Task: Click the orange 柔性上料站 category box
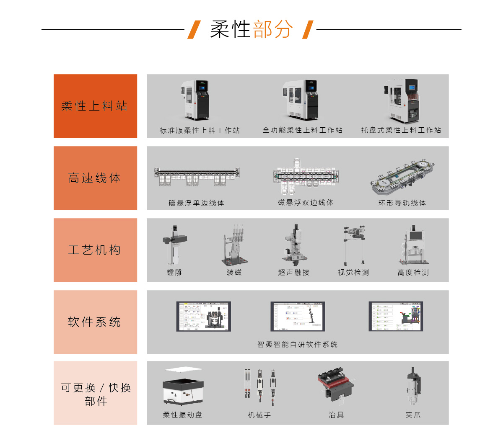point(95,106)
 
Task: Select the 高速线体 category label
point(95,178)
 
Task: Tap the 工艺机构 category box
point(95,250)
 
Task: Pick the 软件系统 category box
point(95,322)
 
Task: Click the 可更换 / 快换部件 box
point(95,393)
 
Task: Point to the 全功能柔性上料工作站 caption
point(302,130)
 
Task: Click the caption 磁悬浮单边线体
point(196,203)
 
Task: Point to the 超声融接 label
point(294,273)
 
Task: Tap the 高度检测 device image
point(413,245)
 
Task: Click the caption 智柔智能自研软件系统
point(297,345)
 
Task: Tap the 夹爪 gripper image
point(413,386)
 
